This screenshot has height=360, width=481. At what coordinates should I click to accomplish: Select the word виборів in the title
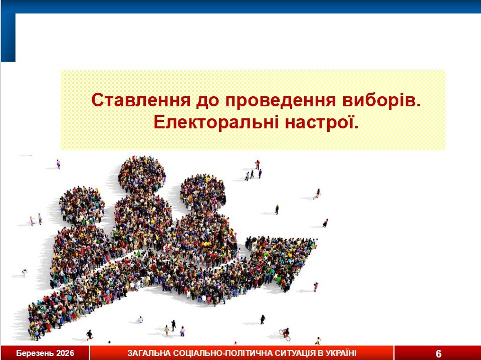pos(381,100)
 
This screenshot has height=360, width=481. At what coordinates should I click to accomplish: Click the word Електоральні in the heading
pos(216,122)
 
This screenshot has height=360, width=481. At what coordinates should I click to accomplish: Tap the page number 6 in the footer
pos(438,353)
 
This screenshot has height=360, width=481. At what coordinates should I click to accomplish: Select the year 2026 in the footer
pos(65,353)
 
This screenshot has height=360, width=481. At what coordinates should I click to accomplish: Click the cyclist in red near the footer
pos(285,334)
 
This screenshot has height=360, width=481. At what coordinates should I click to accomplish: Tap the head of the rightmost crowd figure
pos(203,193)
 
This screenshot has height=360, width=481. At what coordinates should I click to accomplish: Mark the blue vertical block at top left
pos(9,38)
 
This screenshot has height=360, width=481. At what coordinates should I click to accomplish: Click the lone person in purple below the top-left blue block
pos(58,164)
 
